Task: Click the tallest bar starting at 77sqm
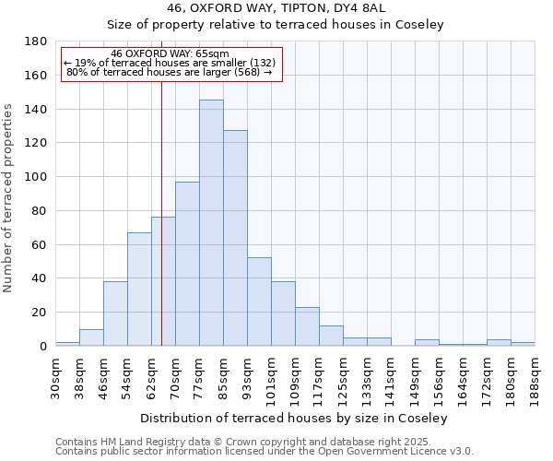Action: click(211, 223)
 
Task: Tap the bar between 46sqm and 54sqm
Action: click(115, 313)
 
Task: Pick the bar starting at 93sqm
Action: click(259, 301)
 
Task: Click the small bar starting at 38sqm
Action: click(91, 337)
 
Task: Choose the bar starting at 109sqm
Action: click(307, 326)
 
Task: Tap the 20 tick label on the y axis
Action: click(39, 313)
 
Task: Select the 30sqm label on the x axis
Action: click(55, 375)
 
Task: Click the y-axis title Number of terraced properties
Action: click(8, 198)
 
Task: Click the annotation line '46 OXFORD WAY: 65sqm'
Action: click(170, 53)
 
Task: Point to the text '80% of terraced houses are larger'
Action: click(170, 72)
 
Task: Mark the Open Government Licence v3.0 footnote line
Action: click(265, 451)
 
